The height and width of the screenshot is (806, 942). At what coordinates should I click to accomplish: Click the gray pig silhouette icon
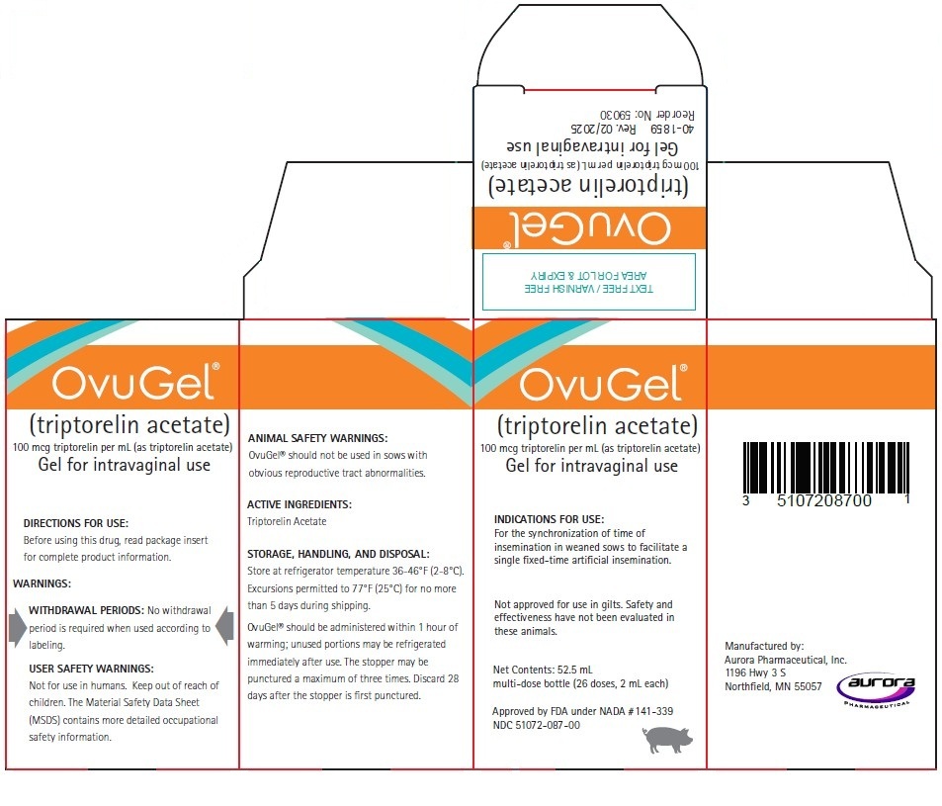pos(668,739)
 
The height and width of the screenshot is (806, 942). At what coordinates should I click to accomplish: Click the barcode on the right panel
pos(823,466)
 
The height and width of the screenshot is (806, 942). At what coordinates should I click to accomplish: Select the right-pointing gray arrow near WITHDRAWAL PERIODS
pos(17,627)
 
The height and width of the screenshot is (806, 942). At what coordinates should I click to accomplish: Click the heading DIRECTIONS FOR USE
pos(76,522)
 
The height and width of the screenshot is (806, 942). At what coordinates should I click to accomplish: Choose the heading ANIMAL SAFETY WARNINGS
pos(317,437)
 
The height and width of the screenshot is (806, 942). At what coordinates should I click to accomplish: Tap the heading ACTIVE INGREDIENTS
pos(300,504)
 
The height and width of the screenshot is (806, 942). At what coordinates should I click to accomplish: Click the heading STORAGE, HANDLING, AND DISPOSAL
pos(338,554)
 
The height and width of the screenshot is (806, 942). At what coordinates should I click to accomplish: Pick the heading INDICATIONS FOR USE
pos(549,519)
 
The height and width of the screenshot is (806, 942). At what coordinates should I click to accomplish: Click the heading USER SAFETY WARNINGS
pos(92,669)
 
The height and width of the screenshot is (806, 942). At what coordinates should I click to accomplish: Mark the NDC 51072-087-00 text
pos(537,725)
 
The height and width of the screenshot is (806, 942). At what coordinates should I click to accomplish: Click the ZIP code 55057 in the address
pos(806,686)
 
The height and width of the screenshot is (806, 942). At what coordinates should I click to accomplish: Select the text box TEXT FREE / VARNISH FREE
pos(589,281)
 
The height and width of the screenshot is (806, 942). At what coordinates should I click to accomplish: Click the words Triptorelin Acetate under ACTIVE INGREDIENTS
pos(287,520)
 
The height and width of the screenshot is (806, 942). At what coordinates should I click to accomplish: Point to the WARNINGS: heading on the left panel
pos(43,583)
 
